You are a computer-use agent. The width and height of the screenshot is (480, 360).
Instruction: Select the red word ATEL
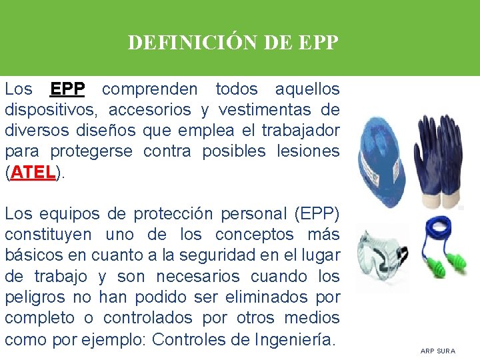33,173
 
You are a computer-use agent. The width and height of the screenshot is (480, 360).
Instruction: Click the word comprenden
150,89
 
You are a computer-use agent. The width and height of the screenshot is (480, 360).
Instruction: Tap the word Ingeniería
294,339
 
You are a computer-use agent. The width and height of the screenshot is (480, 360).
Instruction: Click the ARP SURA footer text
437,351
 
